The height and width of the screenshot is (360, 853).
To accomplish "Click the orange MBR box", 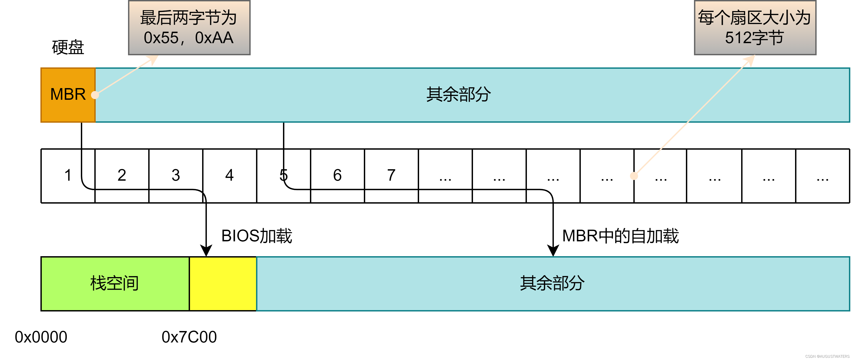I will (68, 95).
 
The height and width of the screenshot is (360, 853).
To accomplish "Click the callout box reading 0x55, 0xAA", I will (189, 28).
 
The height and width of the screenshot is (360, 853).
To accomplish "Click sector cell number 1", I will (68, 176).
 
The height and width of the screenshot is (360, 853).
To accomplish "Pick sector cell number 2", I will (122, 176).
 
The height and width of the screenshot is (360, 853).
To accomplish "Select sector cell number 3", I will (176, 176).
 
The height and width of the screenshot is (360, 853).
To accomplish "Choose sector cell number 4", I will (230, 176).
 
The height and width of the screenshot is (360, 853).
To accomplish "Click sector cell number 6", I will (337, 176).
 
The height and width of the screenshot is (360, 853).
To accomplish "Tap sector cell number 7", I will (391, 176).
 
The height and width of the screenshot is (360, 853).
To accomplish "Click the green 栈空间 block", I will (115, 284).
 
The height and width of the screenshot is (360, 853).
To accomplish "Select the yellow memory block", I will (223, 284).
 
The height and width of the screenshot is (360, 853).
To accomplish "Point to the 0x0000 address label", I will (41, 337).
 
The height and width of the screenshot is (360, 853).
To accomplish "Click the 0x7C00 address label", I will (189, 337).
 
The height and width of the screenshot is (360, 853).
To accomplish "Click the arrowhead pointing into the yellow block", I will (206, 251).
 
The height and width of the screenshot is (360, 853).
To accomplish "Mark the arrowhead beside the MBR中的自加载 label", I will (553, 251).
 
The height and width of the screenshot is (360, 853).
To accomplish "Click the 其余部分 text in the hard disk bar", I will (459, 95).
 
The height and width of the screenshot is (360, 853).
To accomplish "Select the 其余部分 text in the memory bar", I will (552, 284).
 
